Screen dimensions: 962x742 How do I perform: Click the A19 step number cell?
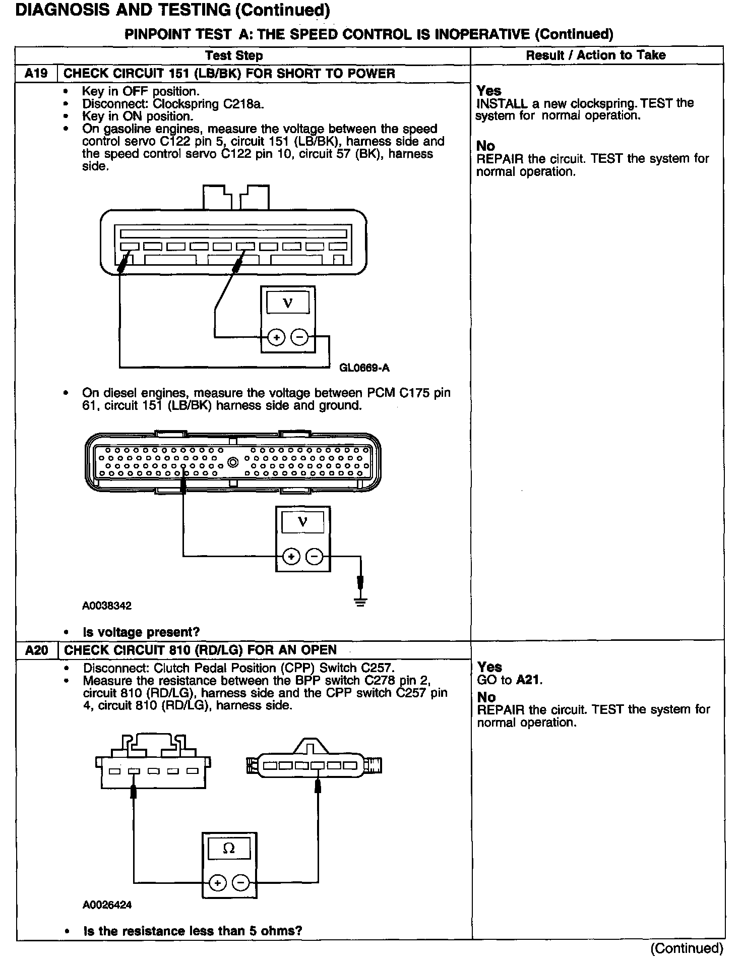tap(36, 74)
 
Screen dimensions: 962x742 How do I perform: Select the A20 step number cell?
tap(36, 650)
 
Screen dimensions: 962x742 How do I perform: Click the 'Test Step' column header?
tap(234, 55)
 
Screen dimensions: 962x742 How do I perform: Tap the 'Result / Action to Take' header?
tap(595, 55)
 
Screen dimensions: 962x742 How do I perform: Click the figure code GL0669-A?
tap(364, 368)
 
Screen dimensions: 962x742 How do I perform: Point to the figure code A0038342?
tap(106, 606)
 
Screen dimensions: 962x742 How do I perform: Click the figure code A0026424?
tap(107, 905)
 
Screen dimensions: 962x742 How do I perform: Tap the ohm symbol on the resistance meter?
tap(228, 849)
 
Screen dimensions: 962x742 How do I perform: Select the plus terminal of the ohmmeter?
tap(217, 883)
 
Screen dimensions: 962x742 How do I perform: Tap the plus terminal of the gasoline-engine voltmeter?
tap(276, 337)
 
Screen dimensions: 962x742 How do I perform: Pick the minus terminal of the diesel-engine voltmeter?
tap(315, 556)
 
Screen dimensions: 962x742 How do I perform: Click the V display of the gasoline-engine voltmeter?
tap(287, 303)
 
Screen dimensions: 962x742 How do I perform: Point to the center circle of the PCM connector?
tap(232, 461)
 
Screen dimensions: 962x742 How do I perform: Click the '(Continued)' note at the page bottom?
tap(687, 948)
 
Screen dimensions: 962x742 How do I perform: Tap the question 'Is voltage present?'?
tap(141, 632)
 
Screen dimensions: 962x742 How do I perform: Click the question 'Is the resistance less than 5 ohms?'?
tap(193, 931)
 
